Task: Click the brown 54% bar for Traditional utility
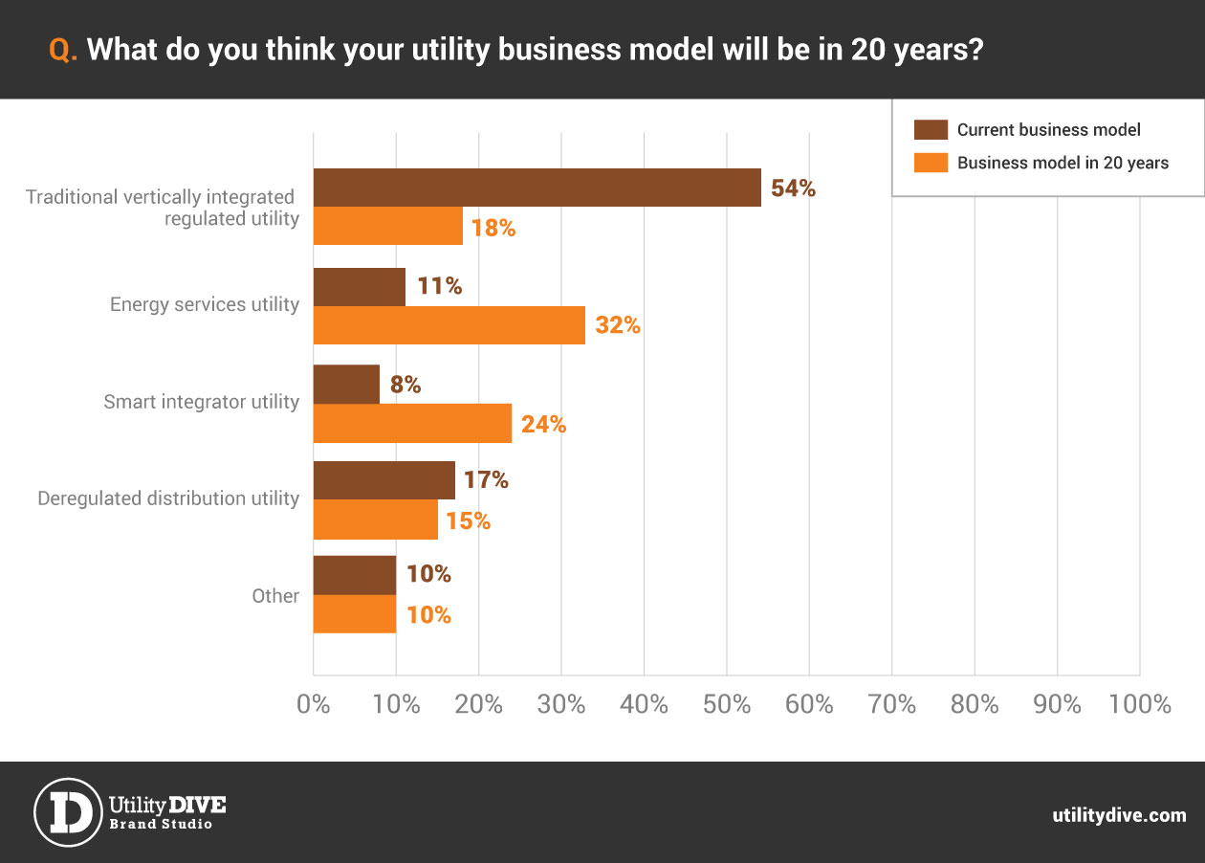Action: (x=537, y=188)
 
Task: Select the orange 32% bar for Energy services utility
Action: (x=449, y=325)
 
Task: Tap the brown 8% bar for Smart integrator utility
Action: (x=346, y=384)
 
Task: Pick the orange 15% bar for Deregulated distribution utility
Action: (x=375, y=520)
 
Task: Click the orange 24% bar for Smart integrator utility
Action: (x=412, y=423)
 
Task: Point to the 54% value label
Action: (x=793, y=188)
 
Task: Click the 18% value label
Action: (x=493, y=228)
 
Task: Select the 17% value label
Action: (x=486, y=480)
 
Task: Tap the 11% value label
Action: (x=439, y=286)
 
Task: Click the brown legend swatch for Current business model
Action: (x=930, y=130)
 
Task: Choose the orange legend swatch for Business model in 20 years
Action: (x=930, y=163)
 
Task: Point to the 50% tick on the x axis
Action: (x=727, y=705)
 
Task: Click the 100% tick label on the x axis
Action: (x=1140, y=705)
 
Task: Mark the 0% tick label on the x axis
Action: (x=314, y=705)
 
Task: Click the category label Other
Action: (x=275, y=596)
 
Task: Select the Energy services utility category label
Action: (x=205, y=305)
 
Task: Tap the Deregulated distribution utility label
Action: (x=168, y=498)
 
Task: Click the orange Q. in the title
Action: (x=63, y=51)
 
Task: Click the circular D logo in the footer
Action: (x=67, y=812)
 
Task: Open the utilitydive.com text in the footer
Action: (x=1119, y=815)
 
